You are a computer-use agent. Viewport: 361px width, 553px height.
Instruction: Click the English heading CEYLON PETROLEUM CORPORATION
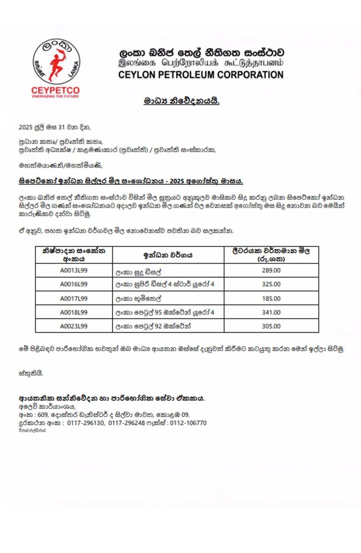201,74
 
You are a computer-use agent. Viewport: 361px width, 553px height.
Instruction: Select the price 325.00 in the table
270,284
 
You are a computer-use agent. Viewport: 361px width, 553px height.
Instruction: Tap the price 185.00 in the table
270,298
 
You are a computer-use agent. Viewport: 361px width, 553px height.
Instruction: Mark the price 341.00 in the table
270,312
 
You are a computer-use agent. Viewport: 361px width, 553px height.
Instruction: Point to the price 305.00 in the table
270,326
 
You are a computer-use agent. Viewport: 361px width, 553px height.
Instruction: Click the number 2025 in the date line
26,127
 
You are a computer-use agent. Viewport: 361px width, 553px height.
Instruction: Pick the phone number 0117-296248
127,423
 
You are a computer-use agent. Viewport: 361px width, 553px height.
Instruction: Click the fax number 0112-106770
188,423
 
